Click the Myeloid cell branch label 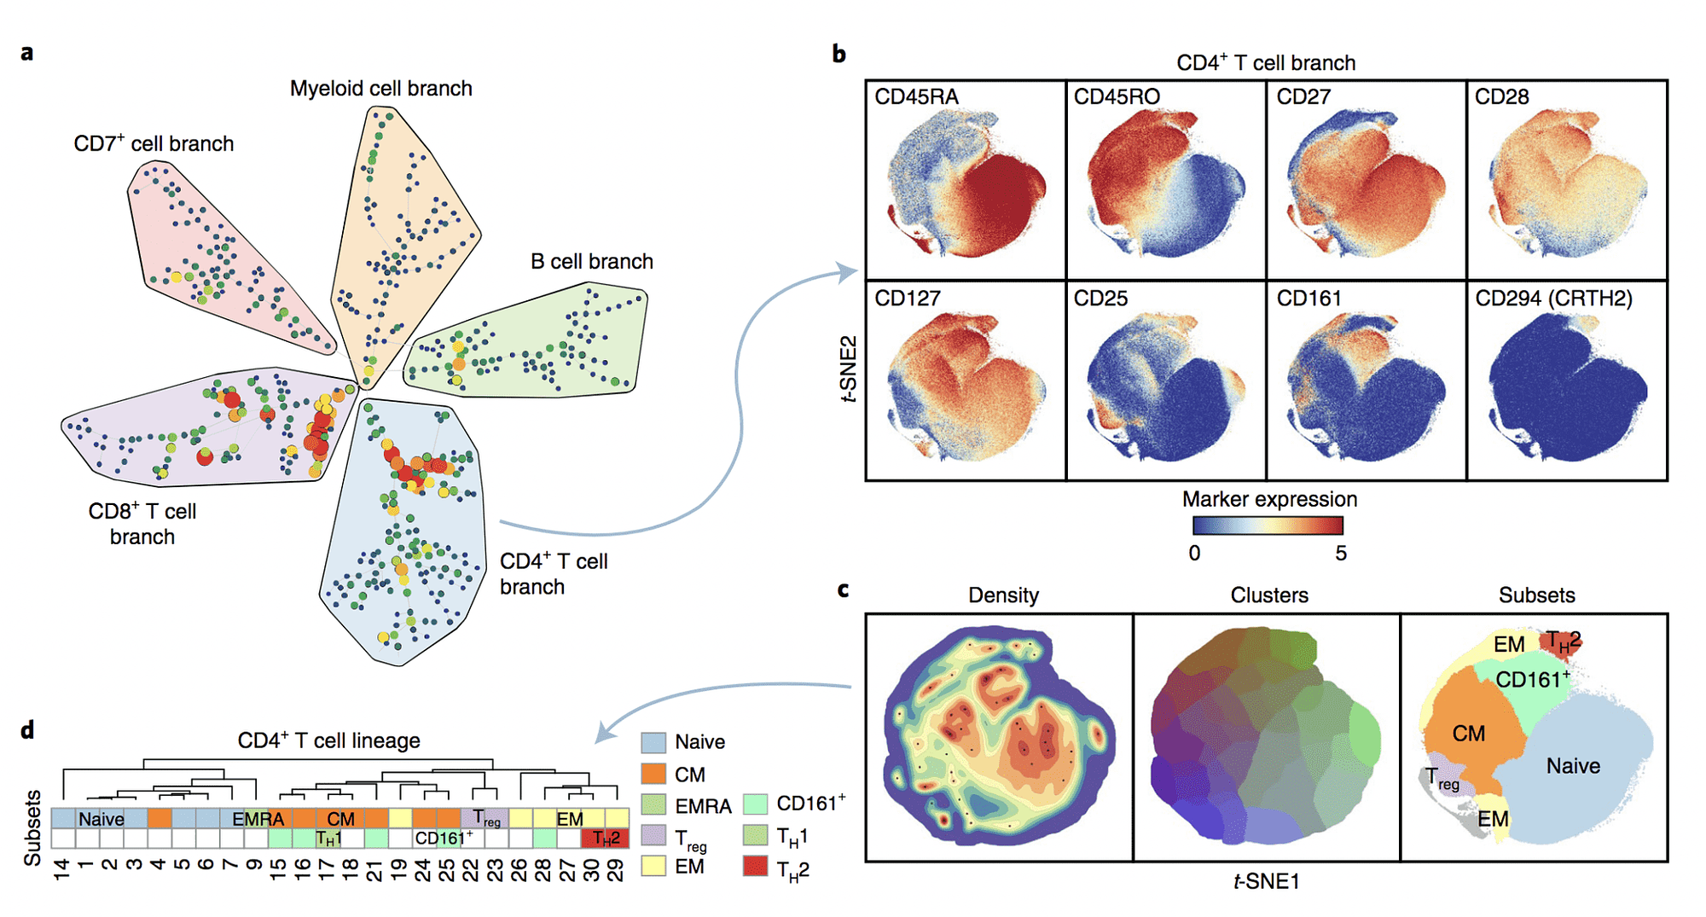coord(380,89)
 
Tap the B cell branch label coord(591,262)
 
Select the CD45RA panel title coord(916,97)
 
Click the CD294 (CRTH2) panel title coord(1553,299)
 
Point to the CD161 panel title coord(1309,299)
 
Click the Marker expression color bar coord(1268,525)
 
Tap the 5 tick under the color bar coord(1341,554)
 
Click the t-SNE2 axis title coord(849,369)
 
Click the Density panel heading coord(1003,595)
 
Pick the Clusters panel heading coord(1268,595)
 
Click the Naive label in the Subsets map coord(1573,766)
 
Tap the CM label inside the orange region coord(1468,734)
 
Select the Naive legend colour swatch coord(653,742)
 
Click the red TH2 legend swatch coord(755,868)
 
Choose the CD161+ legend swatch coord(755,804)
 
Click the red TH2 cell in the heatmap coord(606,839)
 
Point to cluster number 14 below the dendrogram coord(61,869)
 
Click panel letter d coord(27,730)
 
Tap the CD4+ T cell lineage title coord(328,740)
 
